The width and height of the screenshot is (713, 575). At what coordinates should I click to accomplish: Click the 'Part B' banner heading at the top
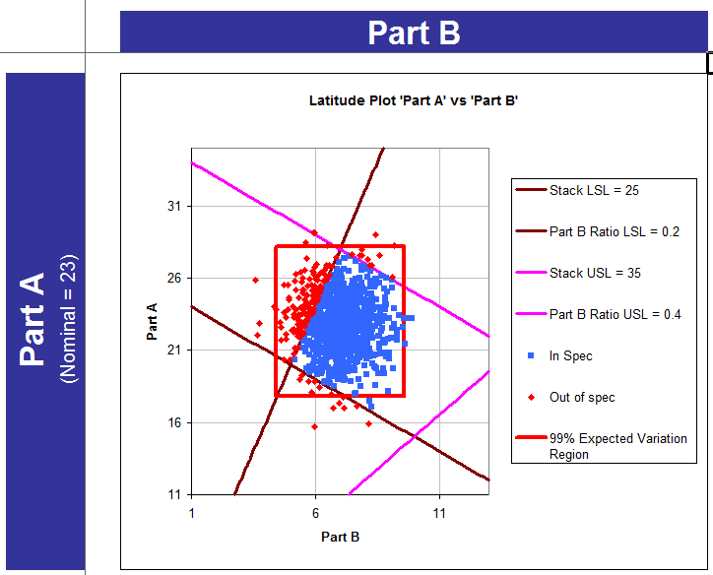[414, 32]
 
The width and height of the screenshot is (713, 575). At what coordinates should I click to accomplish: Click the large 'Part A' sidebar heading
[33, 319]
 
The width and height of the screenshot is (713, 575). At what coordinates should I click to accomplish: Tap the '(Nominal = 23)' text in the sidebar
[68, 319]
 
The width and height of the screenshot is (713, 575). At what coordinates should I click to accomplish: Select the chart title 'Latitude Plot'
[414, 100]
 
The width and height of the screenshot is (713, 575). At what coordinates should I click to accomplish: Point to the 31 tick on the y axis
[173, 206]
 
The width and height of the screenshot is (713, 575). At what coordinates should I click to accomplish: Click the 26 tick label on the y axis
[173, 279]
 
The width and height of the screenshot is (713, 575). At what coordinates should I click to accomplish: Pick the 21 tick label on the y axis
[173, 351]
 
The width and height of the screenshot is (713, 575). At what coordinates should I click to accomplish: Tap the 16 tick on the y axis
[173, 422]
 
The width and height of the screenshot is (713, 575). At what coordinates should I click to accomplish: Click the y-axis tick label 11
[173, 494]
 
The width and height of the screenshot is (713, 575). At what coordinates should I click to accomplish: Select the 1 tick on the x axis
[191, 512]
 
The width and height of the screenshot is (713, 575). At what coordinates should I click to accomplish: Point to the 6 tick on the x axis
[315, 512]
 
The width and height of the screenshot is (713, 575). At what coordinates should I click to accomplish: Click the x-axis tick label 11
[439, 512]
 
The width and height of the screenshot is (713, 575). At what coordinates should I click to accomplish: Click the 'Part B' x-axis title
[340, 537]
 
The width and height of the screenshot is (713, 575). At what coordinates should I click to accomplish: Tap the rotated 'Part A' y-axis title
[153, 322]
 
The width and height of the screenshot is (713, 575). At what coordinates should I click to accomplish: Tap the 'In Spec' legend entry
[570, 355]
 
